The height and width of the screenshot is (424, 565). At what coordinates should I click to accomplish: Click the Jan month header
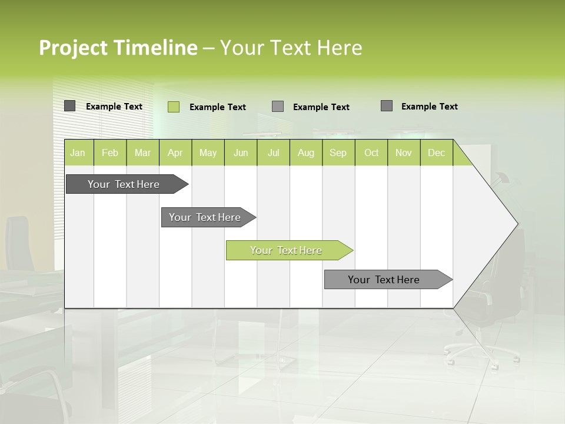78,153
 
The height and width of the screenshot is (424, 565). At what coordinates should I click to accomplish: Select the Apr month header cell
175,153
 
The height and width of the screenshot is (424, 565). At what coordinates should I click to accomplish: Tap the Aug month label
306,153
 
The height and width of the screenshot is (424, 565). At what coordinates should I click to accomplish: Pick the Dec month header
437,153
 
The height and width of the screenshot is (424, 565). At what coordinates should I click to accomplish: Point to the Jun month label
241,153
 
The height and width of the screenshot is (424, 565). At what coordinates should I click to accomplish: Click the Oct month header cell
371,153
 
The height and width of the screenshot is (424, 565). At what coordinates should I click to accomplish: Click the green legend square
174,107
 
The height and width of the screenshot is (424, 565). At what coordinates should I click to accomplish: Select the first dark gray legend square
70,106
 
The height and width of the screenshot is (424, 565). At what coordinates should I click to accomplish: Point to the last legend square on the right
387,106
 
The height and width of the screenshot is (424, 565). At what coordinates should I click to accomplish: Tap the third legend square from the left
278,107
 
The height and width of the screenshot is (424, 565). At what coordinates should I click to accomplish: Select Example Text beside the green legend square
217,107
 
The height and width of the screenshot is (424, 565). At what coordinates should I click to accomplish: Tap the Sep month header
338,153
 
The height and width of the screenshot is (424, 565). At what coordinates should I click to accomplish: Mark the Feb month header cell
110,153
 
